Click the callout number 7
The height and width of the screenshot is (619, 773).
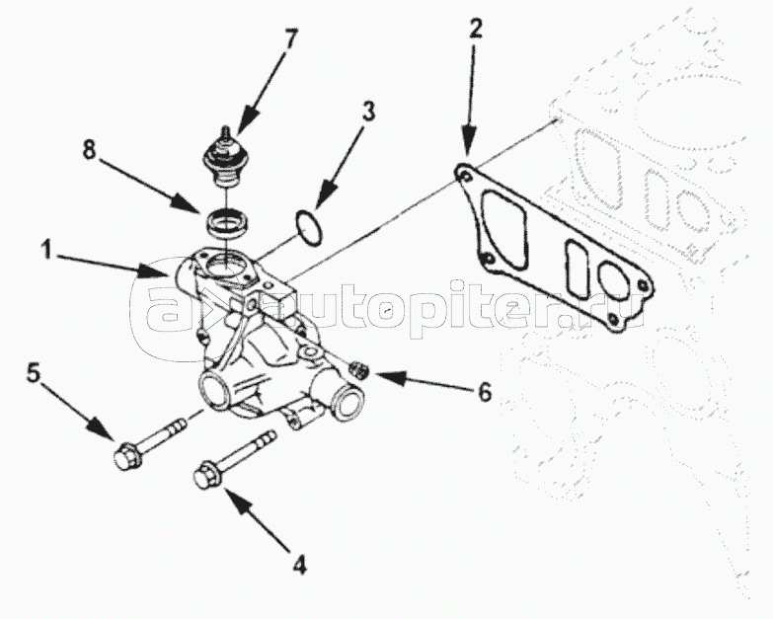291,39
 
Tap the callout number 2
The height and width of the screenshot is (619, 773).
474,29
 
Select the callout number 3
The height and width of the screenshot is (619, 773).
368,112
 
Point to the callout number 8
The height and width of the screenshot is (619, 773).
89,149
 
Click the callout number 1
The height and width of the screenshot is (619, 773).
46,250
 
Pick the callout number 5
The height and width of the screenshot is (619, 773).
33,372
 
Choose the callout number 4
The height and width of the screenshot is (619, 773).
299,564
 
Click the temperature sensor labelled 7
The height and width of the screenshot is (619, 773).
225,157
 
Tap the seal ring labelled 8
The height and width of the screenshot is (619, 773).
227,223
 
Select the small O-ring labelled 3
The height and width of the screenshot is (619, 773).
309,227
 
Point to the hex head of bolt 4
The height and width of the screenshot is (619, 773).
207,474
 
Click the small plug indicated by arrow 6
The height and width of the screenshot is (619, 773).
358,369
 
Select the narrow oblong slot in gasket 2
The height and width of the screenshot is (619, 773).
577,270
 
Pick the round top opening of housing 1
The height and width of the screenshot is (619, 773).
224,268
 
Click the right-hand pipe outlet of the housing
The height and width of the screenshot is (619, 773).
345,399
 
